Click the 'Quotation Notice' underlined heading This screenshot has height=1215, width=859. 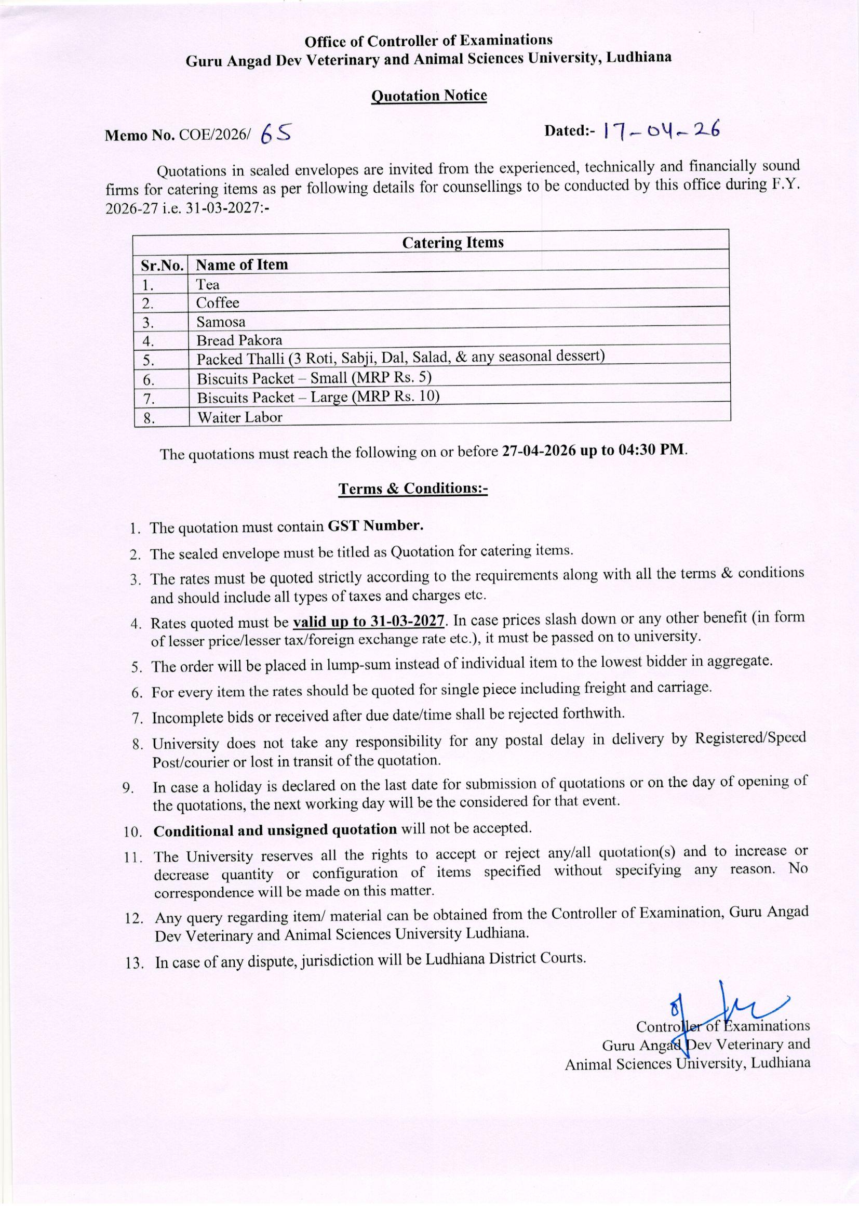pyautogui.click(x=428, y=96)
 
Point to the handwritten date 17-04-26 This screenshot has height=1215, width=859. pyautogui.click(x=661, y=130)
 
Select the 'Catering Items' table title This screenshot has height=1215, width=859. pyautogui.click(x=453, y=243)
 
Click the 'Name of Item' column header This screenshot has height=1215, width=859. pyautogui.click(x=241, y=265)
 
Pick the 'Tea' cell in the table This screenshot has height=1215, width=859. pyautogui.click(x=208, y=285)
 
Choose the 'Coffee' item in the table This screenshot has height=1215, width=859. pyautogui.click(x=218, y=302)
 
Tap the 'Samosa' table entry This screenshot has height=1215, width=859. pyautogui.click(x=221, y=322)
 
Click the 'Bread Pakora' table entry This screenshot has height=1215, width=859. pyautogui.click(x=239, y=340)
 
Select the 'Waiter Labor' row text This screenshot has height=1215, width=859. pyautogui.click(x=239, y=417)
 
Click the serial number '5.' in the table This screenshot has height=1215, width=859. pyautogui.click(x=149, y=360)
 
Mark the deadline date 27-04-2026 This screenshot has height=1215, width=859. pyautogui.click(x=537, y=452)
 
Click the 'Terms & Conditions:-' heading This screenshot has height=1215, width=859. pyautogui.click(x=412, y=488)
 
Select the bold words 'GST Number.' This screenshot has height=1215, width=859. pyautogui.click(x=375, y=525)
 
